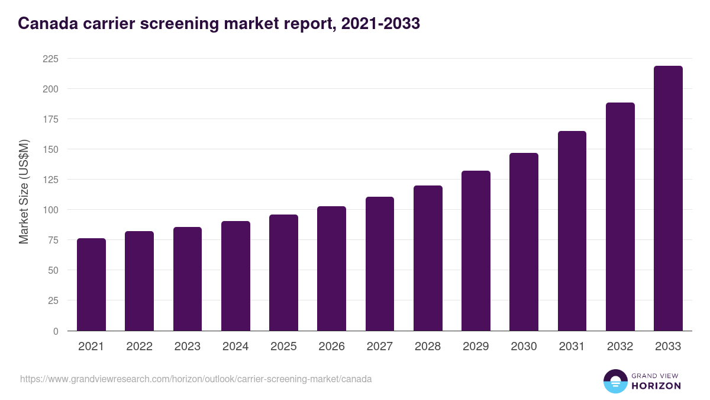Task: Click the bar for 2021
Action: tap(91, 284)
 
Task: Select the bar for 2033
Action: tap(668, 199)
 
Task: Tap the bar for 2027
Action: tap(380, 264)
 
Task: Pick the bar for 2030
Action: tap(524, 242)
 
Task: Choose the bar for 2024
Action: tap(235, 276)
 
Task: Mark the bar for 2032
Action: tap(620, 217)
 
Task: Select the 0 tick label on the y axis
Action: tap(56, 331)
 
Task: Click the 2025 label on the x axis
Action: tap(283, 347)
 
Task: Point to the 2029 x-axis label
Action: tap(476, 347)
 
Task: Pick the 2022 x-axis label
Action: tap(139, 347)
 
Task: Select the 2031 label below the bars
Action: tap(572, 347)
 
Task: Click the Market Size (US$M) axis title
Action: tap(24, 191)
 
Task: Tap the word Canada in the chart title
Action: tap(44, 24)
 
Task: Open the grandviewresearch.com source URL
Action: tap(196, 379)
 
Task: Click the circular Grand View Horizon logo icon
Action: tap(615, 381)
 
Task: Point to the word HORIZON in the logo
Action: tap(656, 386)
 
